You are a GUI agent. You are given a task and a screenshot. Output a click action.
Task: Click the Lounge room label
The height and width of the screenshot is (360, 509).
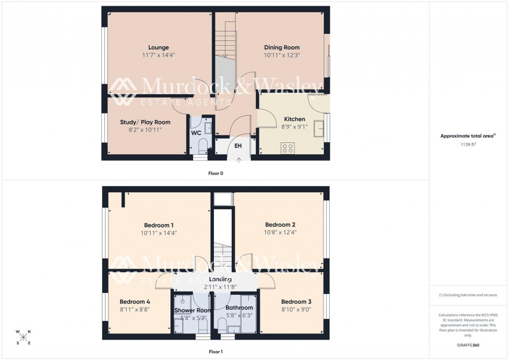click(158, 47)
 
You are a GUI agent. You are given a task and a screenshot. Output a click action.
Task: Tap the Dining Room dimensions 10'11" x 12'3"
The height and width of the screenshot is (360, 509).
click(282, 55)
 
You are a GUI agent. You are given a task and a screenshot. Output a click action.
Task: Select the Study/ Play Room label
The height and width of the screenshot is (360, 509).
click(145, 122)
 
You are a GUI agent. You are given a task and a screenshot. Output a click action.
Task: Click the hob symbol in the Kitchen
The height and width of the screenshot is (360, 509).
click(288, 148)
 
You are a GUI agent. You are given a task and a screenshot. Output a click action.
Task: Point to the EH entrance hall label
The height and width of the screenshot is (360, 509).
click(238, 146)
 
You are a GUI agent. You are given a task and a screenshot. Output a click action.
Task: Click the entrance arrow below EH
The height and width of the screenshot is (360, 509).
click(239, 159)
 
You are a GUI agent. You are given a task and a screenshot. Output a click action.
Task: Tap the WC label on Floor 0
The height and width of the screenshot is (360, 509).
click(196, 133)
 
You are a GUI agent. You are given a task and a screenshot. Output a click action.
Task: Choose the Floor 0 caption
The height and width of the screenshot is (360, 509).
click(215, 173)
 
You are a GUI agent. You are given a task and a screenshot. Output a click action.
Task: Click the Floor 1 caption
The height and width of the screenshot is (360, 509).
click(216, 352)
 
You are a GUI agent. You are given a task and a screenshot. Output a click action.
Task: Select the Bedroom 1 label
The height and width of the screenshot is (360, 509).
click(158, 225)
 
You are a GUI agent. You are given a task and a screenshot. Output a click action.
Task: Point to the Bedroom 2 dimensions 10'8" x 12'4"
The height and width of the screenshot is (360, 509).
click(280, 232)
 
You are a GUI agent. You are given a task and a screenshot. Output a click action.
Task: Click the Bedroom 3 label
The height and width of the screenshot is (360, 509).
click(296, 302)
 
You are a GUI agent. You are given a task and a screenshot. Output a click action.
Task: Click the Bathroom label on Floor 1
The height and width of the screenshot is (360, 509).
click(239, 308)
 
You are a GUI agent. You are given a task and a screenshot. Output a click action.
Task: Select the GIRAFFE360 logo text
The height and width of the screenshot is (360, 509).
click(468, 345)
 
